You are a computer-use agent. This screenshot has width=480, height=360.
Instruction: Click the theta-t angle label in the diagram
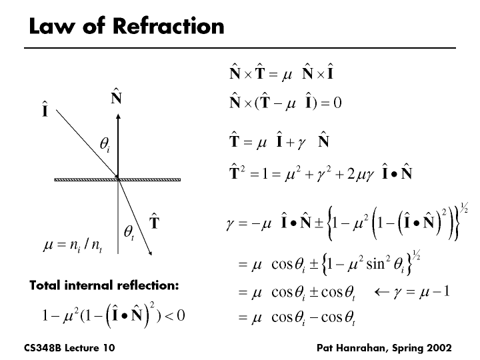click(129, 232)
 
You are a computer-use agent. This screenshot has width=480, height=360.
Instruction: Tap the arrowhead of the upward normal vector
click(118, 119)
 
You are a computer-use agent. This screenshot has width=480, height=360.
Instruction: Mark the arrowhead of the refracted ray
click(153, 252)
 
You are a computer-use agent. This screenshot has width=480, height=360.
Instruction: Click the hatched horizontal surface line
click(118, 179)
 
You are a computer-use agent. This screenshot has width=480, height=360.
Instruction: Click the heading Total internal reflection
click(104, 285)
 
